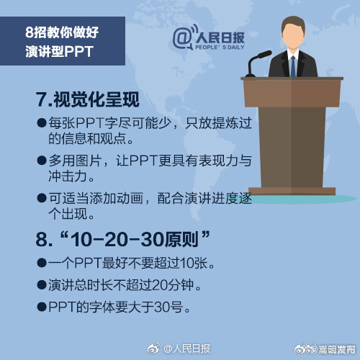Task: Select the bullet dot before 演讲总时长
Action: coord(42,284)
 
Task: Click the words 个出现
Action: coord(68,215)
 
